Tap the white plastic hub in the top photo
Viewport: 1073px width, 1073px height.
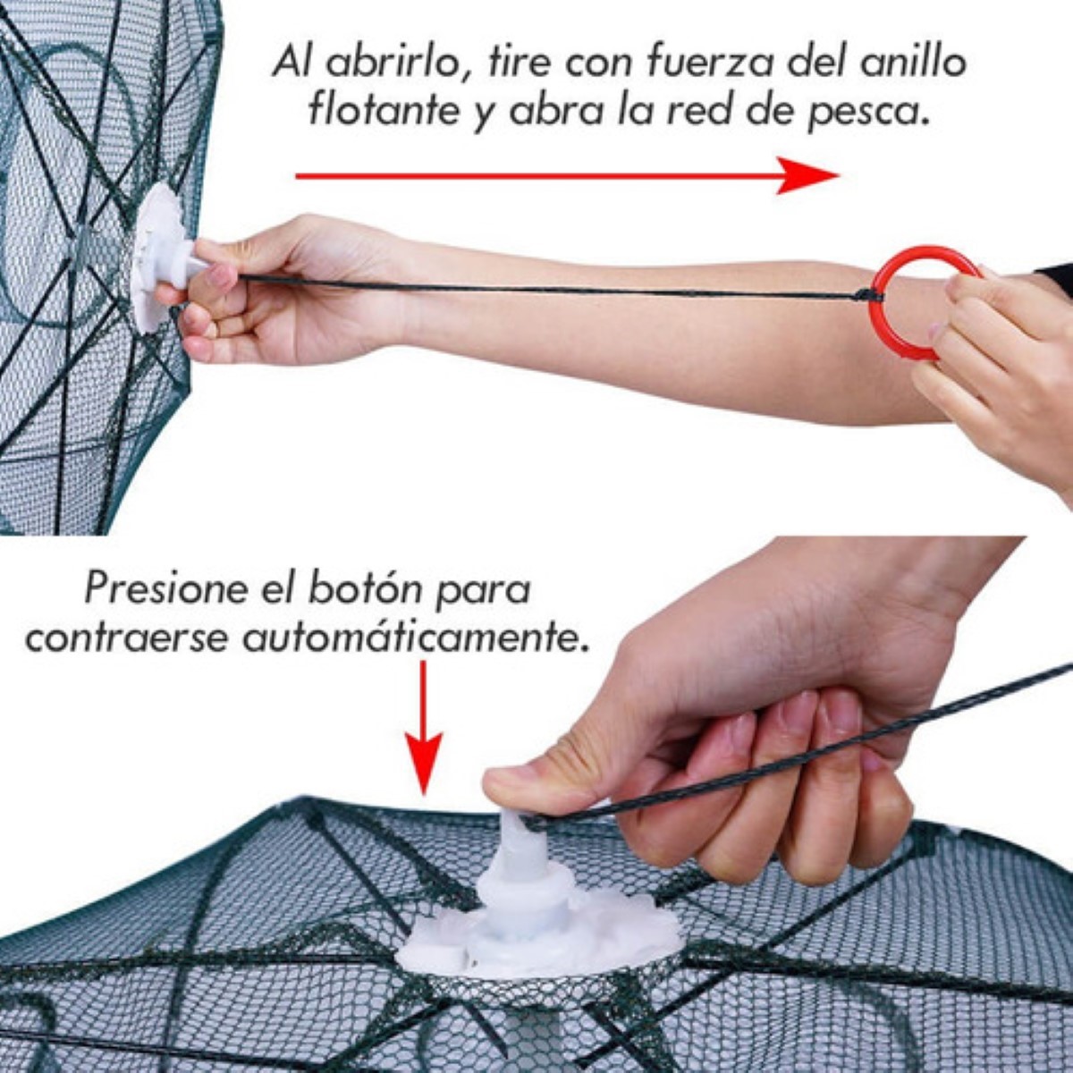click(161, 255)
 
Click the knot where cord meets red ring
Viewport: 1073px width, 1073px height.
click(866, 294)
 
